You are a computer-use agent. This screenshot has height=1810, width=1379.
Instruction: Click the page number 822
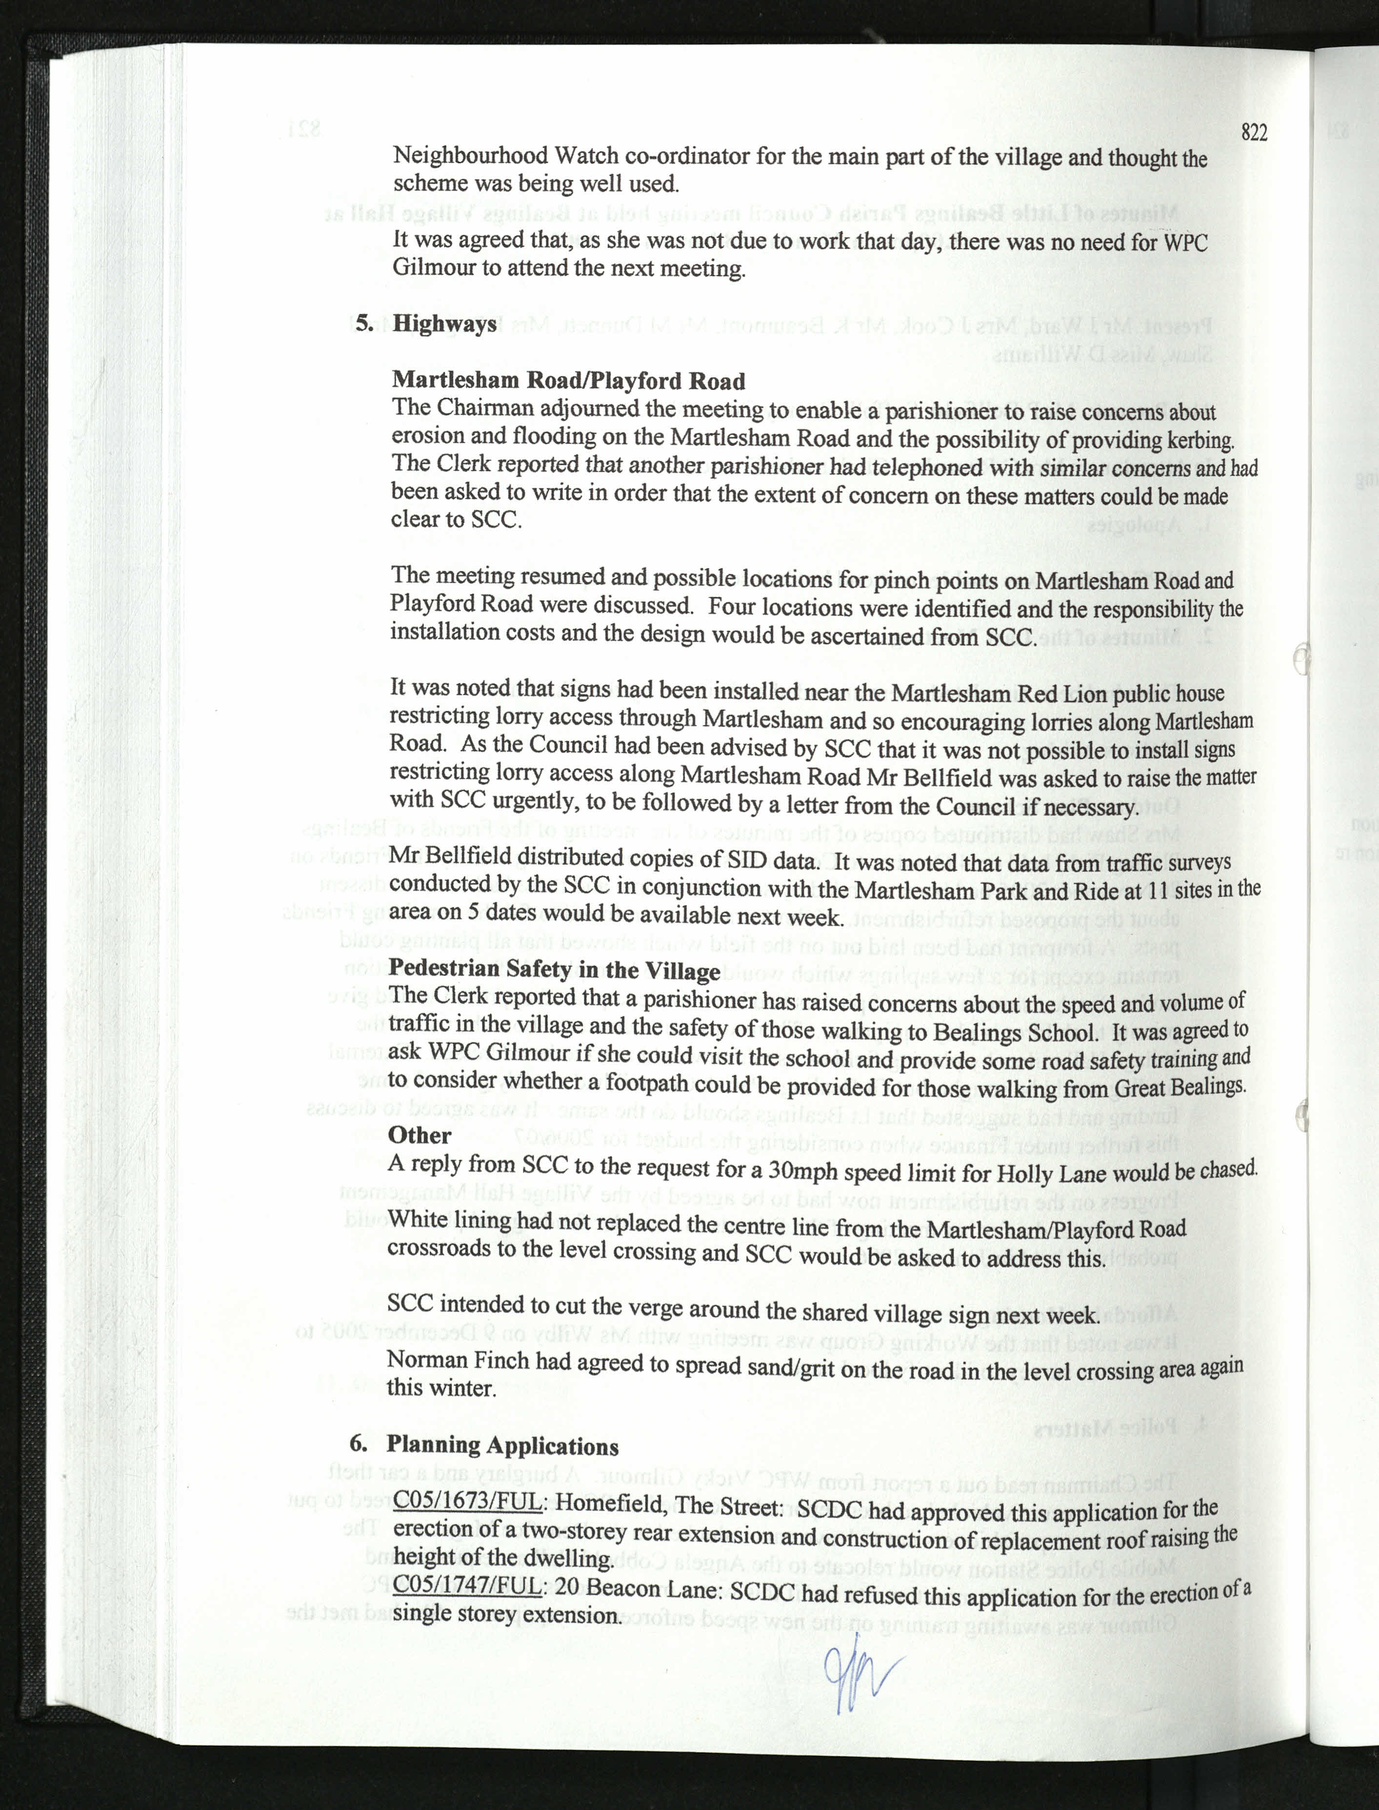pos(1254,132)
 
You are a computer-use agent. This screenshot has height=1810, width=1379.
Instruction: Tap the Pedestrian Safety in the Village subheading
pos(554,970)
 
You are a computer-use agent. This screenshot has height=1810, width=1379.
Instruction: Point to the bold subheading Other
pos(420,1135)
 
